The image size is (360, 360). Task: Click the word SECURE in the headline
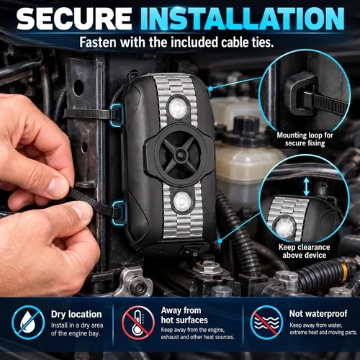(74, 19)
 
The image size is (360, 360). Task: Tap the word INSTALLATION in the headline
(243, 19)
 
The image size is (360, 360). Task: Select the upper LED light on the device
(178, 107)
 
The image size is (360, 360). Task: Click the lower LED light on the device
(182, 201)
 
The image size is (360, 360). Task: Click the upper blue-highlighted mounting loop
(117, 114)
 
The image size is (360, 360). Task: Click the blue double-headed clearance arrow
(306, 187)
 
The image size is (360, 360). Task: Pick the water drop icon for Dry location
(28, 322)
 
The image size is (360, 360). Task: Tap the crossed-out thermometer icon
(138, 322)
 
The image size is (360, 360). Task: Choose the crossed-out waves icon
(266, 322)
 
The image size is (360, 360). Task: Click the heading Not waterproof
(318, 313)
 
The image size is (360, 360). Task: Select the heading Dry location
(76, 314)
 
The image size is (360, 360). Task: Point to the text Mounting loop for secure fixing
(305, 139)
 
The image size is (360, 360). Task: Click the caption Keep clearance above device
(305, 251)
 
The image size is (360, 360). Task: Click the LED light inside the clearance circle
(285, 227)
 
